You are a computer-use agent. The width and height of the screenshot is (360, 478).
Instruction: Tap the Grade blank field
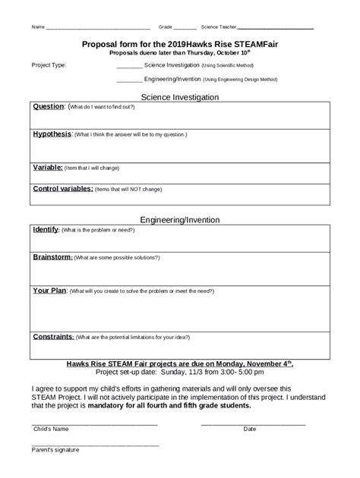tap(186, 29)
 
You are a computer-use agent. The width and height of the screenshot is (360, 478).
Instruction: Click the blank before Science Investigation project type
tap(129, 67)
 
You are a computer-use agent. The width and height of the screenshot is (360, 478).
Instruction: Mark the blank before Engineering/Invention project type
tap(129, 79)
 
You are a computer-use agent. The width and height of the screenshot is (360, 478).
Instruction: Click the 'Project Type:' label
tap(49, 65)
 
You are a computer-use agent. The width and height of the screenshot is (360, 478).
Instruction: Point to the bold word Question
tap(49, 106)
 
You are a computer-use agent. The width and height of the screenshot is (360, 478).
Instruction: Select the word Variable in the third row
tap(47, 166)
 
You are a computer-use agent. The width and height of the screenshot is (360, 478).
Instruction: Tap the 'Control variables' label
tap(63, 187)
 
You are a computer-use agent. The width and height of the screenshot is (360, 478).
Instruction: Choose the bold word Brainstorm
tap(52, 257)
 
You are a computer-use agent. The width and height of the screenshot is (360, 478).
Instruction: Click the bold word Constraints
tap(53, 335)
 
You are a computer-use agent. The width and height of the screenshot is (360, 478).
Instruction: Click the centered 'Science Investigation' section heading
tap(180, 97)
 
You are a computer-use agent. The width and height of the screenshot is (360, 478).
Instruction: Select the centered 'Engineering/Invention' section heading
tap(180, 219)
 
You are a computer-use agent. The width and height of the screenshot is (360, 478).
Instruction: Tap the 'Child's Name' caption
tap(51, 429)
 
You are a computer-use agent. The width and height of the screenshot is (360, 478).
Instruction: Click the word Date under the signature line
tap(249, 429)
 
